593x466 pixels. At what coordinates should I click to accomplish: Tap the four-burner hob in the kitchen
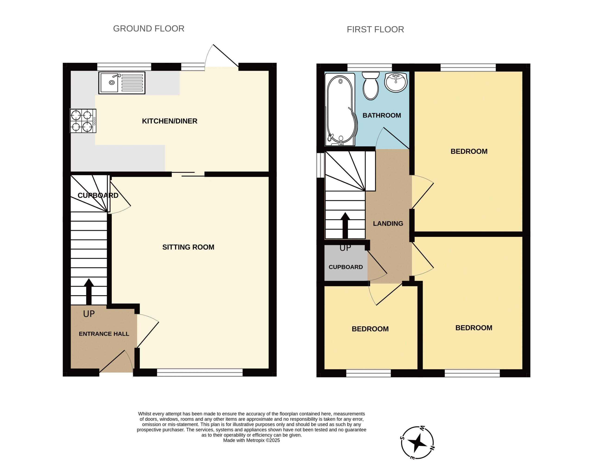coord(83,121)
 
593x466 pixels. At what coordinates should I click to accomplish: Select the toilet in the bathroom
coord(371,86)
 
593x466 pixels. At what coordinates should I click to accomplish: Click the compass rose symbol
coord(417,443)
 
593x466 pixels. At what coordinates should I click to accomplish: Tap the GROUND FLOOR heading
coord(149,29)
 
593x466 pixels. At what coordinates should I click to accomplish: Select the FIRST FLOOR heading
coord(375,29)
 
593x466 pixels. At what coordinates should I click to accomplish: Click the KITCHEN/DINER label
coord(170,121)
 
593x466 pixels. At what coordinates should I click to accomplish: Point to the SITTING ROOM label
coord(188,247)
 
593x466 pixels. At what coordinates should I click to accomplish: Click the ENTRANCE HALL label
coord(104,334)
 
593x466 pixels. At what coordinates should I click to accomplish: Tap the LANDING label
coord(388,224)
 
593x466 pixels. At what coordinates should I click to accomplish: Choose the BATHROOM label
coord(382,116)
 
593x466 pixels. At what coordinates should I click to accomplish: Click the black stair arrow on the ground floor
coord(89,291)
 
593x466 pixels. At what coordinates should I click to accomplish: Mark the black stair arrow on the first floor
coord(345,225)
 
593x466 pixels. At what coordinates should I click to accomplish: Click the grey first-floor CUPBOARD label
coord(346,267)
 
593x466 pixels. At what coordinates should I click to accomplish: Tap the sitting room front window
coord(200,373)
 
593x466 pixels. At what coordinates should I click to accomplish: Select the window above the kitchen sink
coord(124,67)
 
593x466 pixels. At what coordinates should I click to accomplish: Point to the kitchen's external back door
coord(222,58)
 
